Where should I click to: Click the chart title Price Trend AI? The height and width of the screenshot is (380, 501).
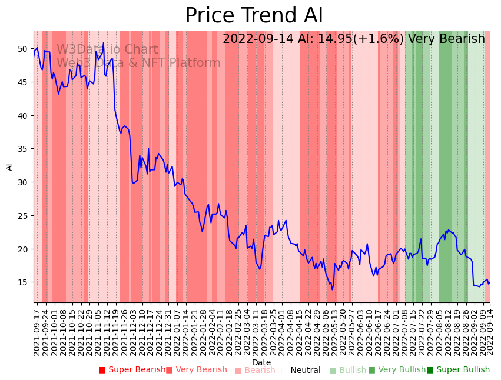254,16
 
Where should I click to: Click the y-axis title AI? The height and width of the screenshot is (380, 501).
9,166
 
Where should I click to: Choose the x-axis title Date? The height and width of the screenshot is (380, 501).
261,362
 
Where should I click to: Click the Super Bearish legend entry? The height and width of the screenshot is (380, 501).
132,370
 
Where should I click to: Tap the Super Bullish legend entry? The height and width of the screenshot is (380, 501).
458,370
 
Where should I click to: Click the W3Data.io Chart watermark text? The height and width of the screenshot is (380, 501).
107,50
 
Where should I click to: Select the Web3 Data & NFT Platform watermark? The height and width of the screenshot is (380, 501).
138,63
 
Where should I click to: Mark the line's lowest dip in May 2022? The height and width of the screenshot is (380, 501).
332,289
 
